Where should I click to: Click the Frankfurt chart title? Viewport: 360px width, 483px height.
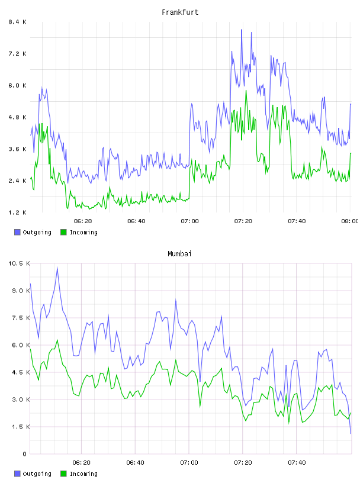click(x=180, y=12)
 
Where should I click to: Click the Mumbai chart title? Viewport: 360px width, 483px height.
click(x=179, y=254)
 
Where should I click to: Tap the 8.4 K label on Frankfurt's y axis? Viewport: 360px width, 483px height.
click(x=17, y=22)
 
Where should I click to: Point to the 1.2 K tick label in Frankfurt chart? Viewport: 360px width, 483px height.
click(x=17, y=212)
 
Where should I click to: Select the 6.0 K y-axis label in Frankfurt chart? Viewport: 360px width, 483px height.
click(x=17, y=85)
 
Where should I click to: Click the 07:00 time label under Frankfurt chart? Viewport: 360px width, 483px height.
click(x=190, y=221)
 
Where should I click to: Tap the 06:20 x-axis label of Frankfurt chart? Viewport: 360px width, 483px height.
click(x=83, y=221)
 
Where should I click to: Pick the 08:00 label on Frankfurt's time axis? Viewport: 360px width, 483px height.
click(x=349, y=221)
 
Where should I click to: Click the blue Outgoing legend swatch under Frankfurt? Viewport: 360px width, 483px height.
click(x=17, y=232)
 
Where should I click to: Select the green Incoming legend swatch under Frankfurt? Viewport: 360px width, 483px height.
click(x=63, y=232)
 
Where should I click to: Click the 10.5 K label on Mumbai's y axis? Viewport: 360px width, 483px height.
click(x=19, y=263)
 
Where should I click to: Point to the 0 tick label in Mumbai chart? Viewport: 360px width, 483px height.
click(x=24, y=454)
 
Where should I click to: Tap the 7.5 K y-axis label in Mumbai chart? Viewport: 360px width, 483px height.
click(x=21, y=318)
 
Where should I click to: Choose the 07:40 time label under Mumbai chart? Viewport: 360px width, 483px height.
click(x=297, y=463)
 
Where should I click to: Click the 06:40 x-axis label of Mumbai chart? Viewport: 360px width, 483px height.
click(x=136, y=463)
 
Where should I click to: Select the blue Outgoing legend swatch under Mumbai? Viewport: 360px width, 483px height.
click(x=17, y=474)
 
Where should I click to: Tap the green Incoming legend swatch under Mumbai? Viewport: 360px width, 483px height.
click(x=63, y=474)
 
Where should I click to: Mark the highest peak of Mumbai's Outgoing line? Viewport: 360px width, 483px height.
click(x=57, y=268)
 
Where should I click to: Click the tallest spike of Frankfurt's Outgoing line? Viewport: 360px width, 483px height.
click(x=242, y=30)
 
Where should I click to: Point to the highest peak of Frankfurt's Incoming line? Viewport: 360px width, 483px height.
click(x=246, y=91)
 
